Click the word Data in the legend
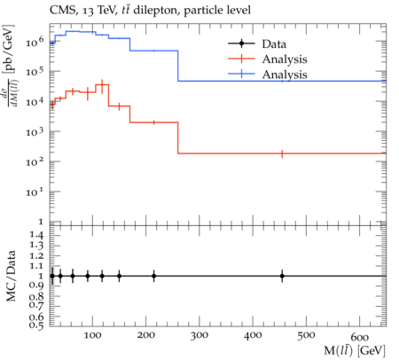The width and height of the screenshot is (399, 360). pyautogui.click(x=274, y=44)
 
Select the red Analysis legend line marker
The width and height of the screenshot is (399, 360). pyautogui.click(x=241, y=59)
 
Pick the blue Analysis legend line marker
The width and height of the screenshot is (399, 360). pyautogui.click(x=241, y=74)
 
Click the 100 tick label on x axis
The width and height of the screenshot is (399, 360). pyautogui.click(x=92, y=336)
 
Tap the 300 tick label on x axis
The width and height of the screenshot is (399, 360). pyautogui.click(x=199, y=336)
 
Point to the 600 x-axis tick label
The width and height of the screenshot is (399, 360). pyautogui.click(x=360, y=337)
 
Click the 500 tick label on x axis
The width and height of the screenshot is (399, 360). pyautogui.click(x=306, y=336)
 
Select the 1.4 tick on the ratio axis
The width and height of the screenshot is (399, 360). pyautogui.click(x=36, y=236)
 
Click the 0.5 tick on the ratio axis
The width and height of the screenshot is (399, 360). pyautogui.click(x=36, y=325)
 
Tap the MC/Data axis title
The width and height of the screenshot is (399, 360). pyautogui.click(x=12, y=276)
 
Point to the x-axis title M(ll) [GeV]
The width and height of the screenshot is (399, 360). pyautogui.click(x=355, y=350)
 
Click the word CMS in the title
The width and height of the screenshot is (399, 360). pyautogui.click(x=61, y=11)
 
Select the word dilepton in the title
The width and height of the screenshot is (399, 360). pyautogui.click(x=157, y=11)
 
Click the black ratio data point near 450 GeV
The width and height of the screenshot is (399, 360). pyautogui.click(x=282, y=276)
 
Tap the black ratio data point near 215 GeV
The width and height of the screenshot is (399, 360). pyautogui.click(x=153, y=276)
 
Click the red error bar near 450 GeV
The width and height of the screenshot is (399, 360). pyautogui.click(x=282, y=153)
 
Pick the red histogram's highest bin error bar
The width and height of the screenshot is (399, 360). pyautogui.click(x=102, y=87)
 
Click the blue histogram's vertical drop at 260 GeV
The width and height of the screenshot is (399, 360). pyautogui.click(x=178, y=66)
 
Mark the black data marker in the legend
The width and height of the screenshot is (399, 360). pyautogui.click(x=241, y=43)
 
